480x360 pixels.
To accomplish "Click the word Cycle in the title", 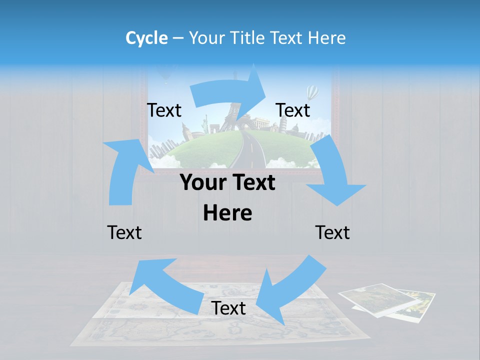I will pyautogui.click(x=146, y=38).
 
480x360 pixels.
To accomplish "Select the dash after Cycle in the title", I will pyautogui.click(x=178, y=38).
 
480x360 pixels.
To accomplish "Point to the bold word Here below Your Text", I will pyautogui.click(x=227, y=213).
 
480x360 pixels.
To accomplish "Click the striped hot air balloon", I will pyautogui.click(x=312, y=92).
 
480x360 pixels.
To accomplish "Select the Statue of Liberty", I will pyautogui.click(x=204, y=123).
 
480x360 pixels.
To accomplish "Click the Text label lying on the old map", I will pyautogui.click(x=228, y=308).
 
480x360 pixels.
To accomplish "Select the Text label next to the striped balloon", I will pyautogui.click(x=293, y=110).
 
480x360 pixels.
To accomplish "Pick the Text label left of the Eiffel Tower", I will pyautogui.click(x=164, y=110).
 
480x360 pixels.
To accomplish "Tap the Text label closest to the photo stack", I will pyautogui.click(x=332, y=232).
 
